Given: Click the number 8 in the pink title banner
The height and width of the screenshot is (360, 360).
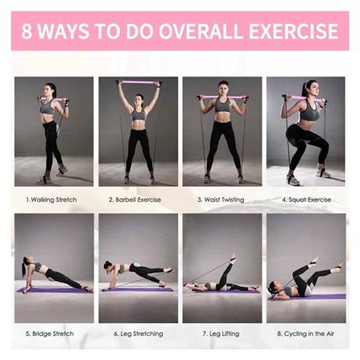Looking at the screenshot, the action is tap(27, 31).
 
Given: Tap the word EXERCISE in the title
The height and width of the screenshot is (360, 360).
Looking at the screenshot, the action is tap(294, 31).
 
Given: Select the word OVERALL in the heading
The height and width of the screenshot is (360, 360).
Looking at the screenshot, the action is tap(201, 31).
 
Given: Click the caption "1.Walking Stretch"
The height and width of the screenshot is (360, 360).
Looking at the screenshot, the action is tap(52, 200).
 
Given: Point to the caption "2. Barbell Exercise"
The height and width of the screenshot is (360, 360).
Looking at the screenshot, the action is tap(135, 200).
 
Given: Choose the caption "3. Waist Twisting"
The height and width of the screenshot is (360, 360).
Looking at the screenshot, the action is tap(221, 200).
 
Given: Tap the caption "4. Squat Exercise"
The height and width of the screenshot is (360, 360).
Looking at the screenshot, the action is tap(307, 200).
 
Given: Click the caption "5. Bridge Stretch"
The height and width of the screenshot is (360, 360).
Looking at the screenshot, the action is tap(50, 334).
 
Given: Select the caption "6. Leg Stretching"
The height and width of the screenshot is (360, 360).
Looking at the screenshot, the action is tap(139, 334).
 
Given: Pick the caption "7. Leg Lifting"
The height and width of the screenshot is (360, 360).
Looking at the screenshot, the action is tap(221, 334).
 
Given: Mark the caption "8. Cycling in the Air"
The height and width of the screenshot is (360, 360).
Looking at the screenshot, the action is tap(305, 334).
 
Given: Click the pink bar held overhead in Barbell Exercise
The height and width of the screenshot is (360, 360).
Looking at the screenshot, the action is tap(138, 81).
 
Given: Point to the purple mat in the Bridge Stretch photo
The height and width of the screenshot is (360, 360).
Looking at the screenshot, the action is tap(55, 290).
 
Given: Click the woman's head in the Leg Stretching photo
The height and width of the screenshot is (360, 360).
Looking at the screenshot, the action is tap(109, 265).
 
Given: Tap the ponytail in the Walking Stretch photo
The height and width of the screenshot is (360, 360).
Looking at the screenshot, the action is tap(54, 89).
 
